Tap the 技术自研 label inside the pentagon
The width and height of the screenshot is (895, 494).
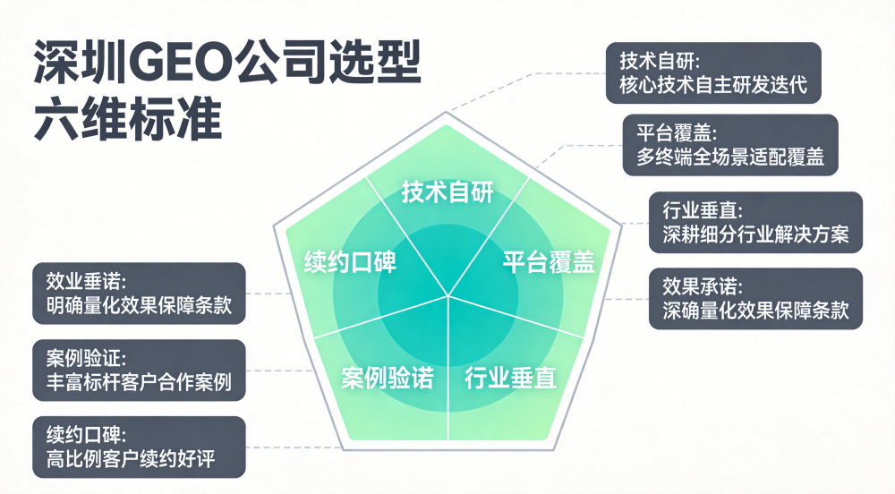tap(447, 192)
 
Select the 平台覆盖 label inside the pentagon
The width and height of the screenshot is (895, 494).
tap(549, 262)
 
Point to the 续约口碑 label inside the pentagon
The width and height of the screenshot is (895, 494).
tap(350, 262)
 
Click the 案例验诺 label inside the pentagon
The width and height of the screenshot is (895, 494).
tap(388, 378)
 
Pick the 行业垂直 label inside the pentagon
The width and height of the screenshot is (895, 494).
tap(510, 378)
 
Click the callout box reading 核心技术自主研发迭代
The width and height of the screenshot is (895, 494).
tap(713, 73)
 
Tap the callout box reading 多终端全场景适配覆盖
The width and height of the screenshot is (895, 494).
tap(730, 145)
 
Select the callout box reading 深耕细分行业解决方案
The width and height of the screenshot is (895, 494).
tap(755, 223)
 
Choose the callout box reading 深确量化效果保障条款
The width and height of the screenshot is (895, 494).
tap(755, 298)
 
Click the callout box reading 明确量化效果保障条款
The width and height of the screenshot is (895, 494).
tap(139, 294)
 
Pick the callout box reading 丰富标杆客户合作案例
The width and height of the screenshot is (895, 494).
tap(139, 370)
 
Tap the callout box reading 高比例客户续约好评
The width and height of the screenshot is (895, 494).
tap(139, 447)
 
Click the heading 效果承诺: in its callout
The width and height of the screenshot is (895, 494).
tap(703, 286)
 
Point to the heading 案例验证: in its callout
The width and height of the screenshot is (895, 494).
tap(86, 358)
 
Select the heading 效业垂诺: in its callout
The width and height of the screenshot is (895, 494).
tap(86, 281)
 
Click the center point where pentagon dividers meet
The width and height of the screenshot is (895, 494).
tap(448, 295)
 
